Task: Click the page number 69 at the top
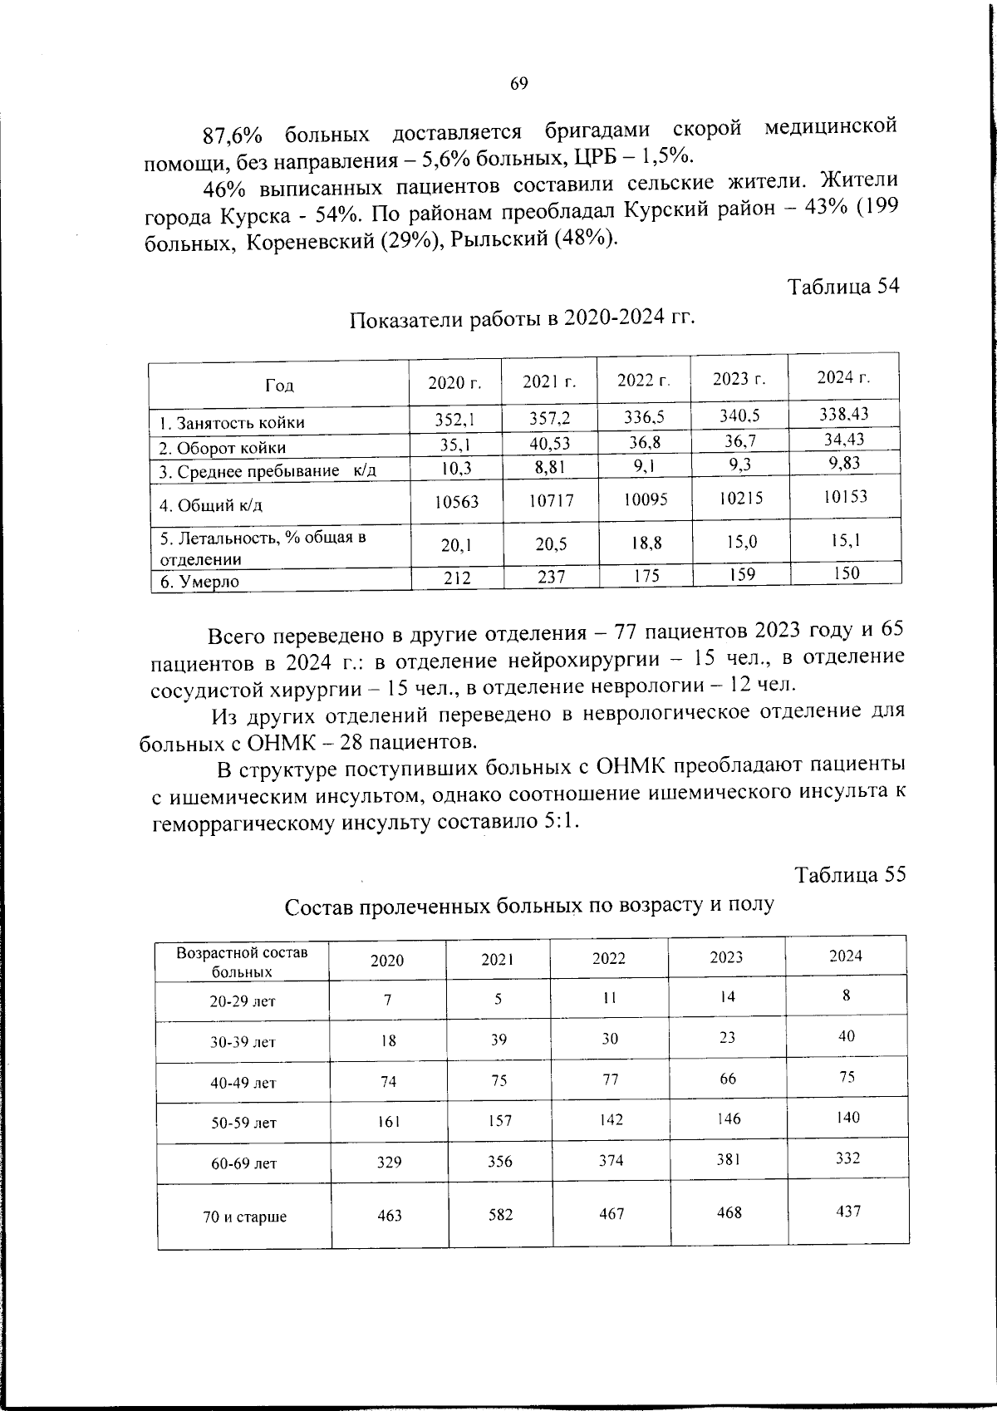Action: click(518, 83)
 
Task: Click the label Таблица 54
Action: click(843, 286)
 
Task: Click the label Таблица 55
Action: click(850, 874)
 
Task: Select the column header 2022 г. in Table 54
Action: click(644, 381)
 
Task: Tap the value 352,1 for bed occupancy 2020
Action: click(454, 420)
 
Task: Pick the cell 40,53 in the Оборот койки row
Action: click(549, 444)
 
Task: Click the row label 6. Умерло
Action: click(199, 582)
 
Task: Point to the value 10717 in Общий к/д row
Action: click(550, 501)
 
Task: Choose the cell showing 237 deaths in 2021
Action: click(551, 577)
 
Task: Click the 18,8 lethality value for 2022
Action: click(646, 543)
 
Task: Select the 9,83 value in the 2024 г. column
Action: click(844, 464)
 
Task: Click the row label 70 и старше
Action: click(244, 1217)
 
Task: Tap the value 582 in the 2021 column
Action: click(500, 1215)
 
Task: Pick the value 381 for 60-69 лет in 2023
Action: click(729, 1159)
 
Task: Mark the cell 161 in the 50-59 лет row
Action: click(388, 1121)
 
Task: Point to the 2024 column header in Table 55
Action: click(846, 956)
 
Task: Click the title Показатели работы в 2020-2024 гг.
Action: click(521, 319)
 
